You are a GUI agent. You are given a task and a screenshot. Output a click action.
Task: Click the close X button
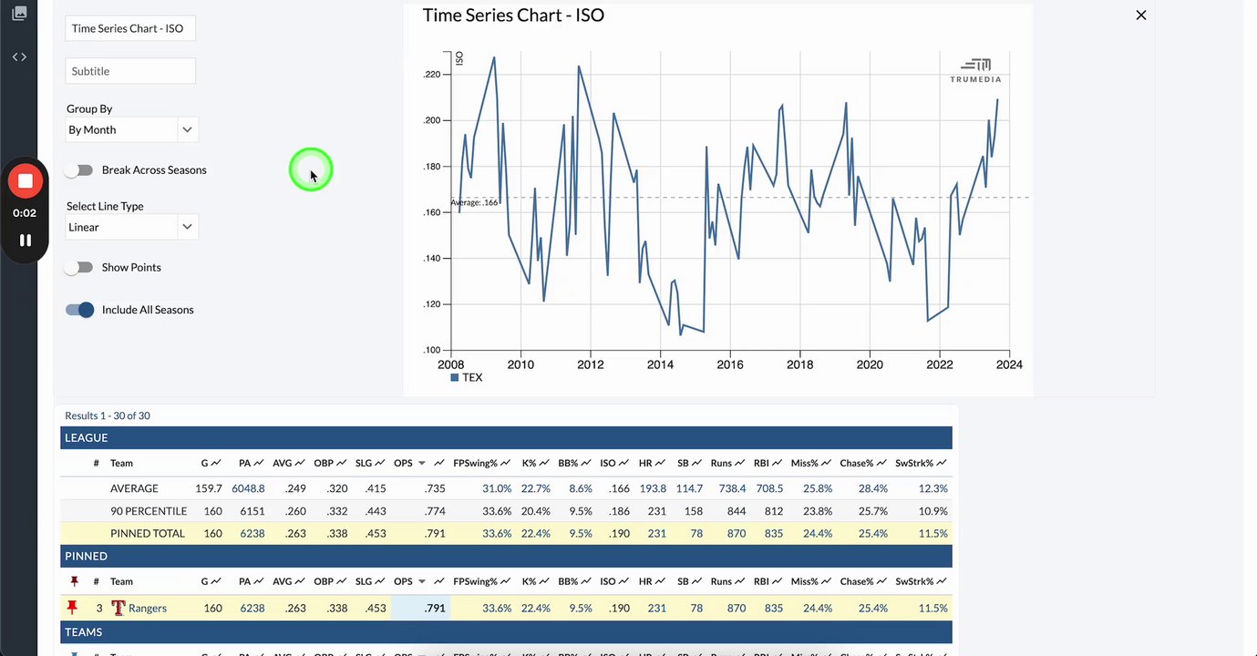[1140, 15]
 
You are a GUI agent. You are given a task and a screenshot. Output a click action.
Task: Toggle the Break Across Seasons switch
[79, 170]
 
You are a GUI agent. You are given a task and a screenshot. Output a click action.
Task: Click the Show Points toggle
[79, 268]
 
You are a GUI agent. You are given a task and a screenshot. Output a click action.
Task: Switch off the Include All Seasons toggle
[80, 310]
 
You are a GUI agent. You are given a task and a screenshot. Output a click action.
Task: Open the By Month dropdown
[131, 129]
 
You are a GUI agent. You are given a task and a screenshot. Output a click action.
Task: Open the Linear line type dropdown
[131, 227]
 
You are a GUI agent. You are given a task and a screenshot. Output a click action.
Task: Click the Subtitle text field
[130, 71]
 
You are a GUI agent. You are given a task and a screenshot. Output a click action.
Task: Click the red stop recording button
[25, 181]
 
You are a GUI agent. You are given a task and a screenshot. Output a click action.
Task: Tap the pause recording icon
[25, 241]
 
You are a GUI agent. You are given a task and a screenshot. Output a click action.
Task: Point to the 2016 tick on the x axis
[729, 364]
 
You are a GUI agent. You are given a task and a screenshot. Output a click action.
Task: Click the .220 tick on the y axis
[431, 75]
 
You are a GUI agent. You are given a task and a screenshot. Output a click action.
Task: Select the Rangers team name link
[147, 609]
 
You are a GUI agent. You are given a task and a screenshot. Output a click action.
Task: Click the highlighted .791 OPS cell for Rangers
[435, 609]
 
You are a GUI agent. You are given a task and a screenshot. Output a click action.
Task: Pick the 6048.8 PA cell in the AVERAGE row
[248, 489]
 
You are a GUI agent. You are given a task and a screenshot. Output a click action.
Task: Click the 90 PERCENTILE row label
[148, 511]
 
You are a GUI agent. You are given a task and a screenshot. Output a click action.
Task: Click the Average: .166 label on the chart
[474, 202]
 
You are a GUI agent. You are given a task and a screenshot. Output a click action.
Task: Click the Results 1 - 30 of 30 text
[107, 415]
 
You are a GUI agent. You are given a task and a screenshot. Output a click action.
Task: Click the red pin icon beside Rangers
[73, 608]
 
